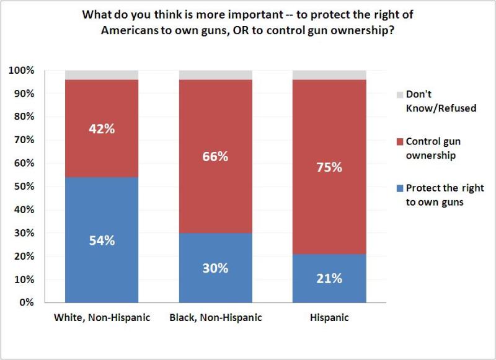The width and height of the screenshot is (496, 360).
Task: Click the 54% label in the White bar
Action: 102,241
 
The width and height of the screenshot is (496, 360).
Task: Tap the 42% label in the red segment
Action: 102,130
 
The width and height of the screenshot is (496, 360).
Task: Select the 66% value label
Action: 216,156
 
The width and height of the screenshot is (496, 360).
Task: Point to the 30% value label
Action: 216,268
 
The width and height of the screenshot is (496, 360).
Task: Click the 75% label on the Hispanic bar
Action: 329,167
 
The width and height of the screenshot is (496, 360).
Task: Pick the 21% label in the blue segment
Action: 329,278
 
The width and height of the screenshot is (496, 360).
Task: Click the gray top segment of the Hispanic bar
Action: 329,75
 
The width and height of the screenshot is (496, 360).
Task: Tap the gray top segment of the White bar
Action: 102,75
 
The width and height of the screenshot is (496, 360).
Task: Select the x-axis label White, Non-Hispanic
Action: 102,318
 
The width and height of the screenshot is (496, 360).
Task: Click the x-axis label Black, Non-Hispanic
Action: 216,318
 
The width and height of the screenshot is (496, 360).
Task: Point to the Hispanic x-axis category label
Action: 329,318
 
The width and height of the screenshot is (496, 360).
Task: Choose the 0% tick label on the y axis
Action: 27,303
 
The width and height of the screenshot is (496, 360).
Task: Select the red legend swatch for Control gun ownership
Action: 399,142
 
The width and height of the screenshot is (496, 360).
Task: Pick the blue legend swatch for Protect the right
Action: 399,188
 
